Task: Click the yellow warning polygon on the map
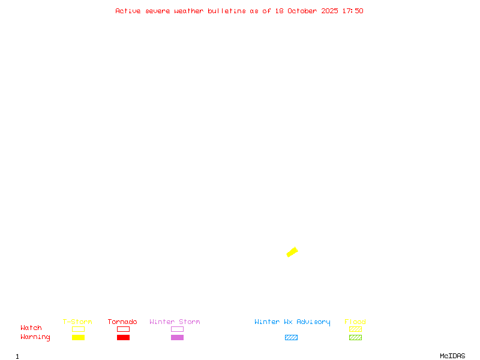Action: [x=292, y=252]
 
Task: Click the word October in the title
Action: [x=303, y=11]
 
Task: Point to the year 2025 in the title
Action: [x=329, y=11]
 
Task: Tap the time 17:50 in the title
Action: [x=353, y=11]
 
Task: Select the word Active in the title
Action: [x=128, y=11]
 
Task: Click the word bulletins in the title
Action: [x=227, y=11]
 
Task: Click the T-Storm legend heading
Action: [x=77, y=322]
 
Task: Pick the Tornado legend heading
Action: [x=122, y=322]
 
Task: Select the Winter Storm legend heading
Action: [x=175, y=322]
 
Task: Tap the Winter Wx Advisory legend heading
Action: [x=292, y=322]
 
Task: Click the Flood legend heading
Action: [x=355, y=322]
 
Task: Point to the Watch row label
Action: [x=31, y=328]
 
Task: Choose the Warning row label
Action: [x=35, y=337]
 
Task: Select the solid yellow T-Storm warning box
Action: [x=79, y=337]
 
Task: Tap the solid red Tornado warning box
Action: [x=124, y=337]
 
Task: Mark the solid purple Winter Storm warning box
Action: [x=177, y=337]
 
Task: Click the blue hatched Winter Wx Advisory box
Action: [x=291, y=337]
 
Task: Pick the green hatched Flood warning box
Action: [x=355, y=337]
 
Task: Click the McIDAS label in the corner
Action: [x=452, y=356]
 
